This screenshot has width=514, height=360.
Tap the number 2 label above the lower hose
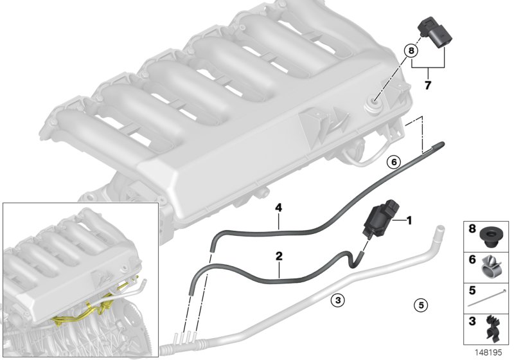pos(279,256)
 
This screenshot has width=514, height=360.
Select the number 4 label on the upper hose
pos(279,207)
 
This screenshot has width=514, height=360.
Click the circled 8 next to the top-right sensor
pos(411,49)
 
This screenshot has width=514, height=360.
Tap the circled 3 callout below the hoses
pos(337,299)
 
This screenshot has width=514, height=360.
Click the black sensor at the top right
pos(433,32)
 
